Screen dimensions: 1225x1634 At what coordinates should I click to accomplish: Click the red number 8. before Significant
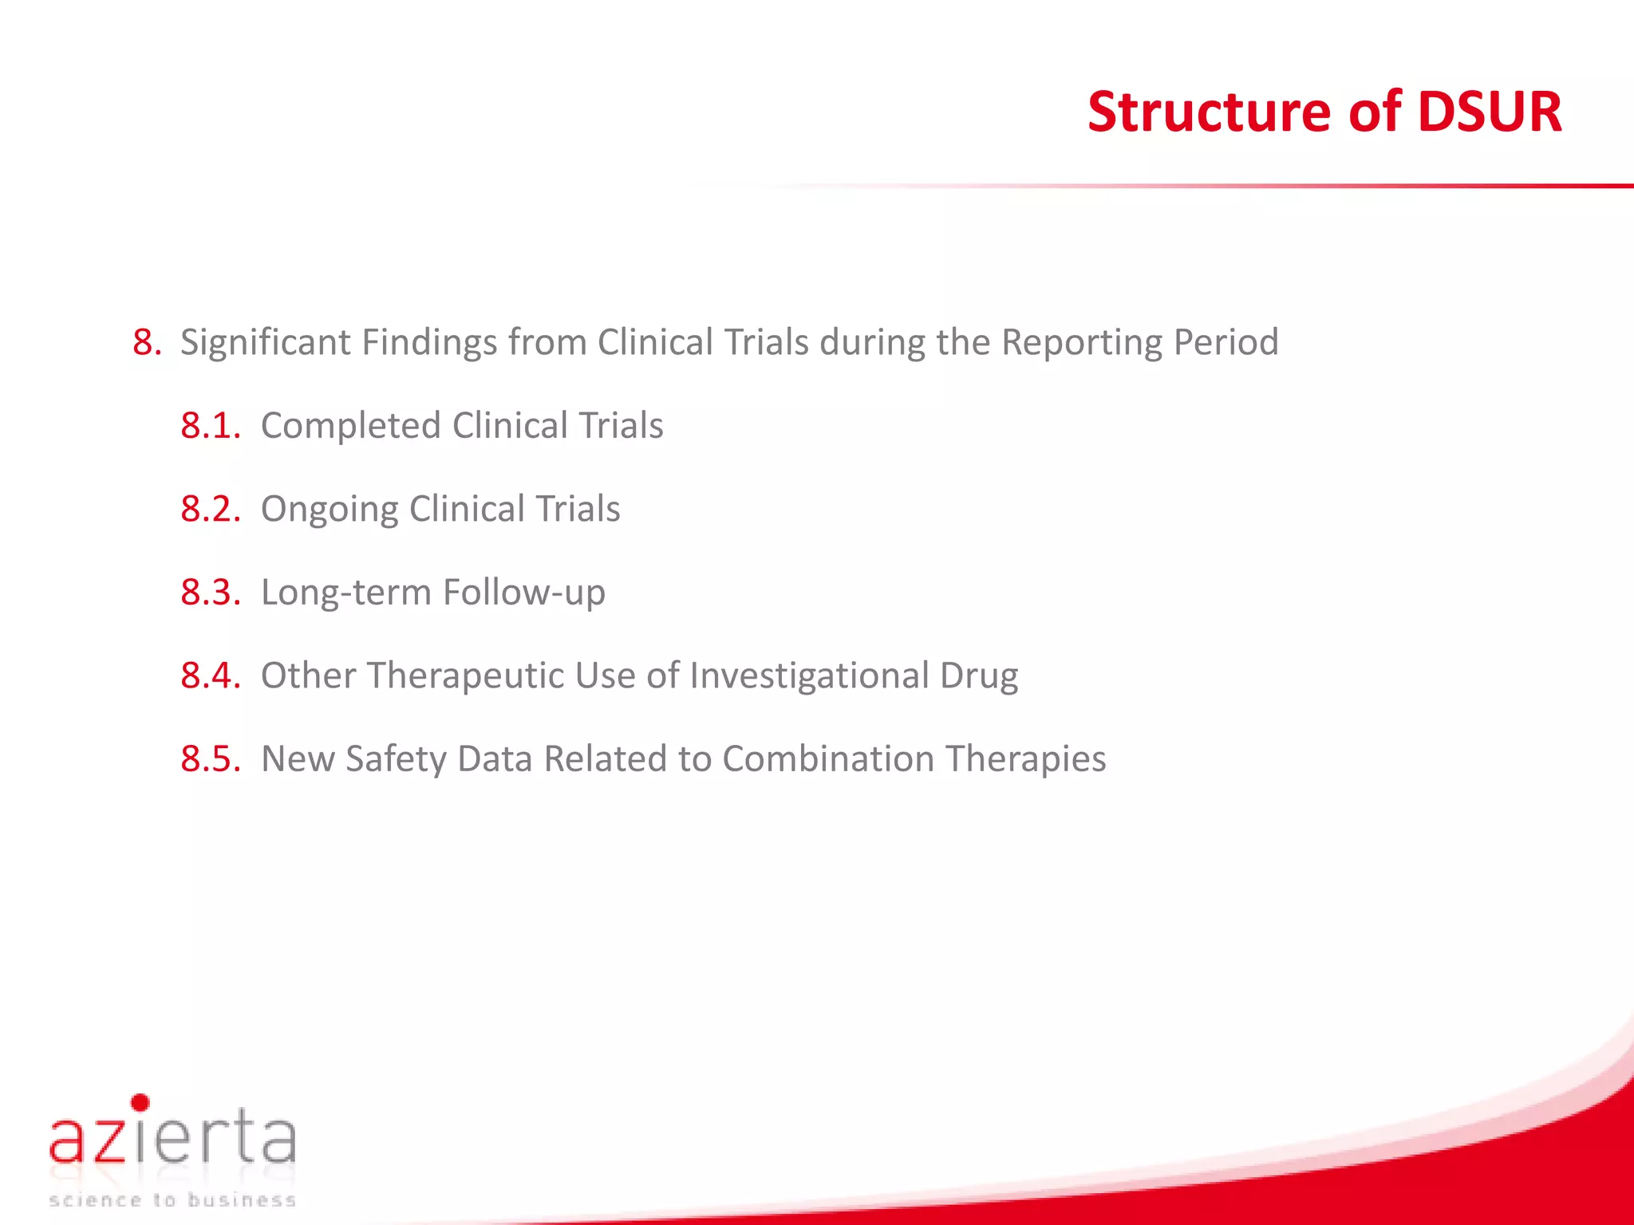147,343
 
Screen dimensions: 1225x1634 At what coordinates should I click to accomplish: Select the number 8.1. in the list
210,426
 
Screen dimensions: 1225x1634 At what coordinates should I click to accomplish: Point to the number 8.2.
210,509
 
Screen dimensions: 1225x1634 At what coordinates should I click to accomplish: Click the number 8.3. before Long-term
210,593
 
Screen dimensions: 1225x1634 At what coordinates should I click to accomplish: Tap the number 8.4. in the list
210,676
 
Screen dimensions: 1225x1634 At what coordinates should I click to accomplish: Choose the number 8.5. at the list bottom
210,758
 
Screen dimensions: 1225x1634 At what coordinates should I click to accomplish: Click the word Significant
265,343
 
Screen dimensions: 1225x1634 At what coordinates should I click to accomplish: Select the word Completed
350,426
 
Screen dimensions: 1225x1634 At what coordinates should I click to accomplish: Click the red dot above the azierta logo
140,1103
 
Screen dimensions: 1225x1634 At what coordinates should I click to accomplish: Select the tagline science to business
172,1200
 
